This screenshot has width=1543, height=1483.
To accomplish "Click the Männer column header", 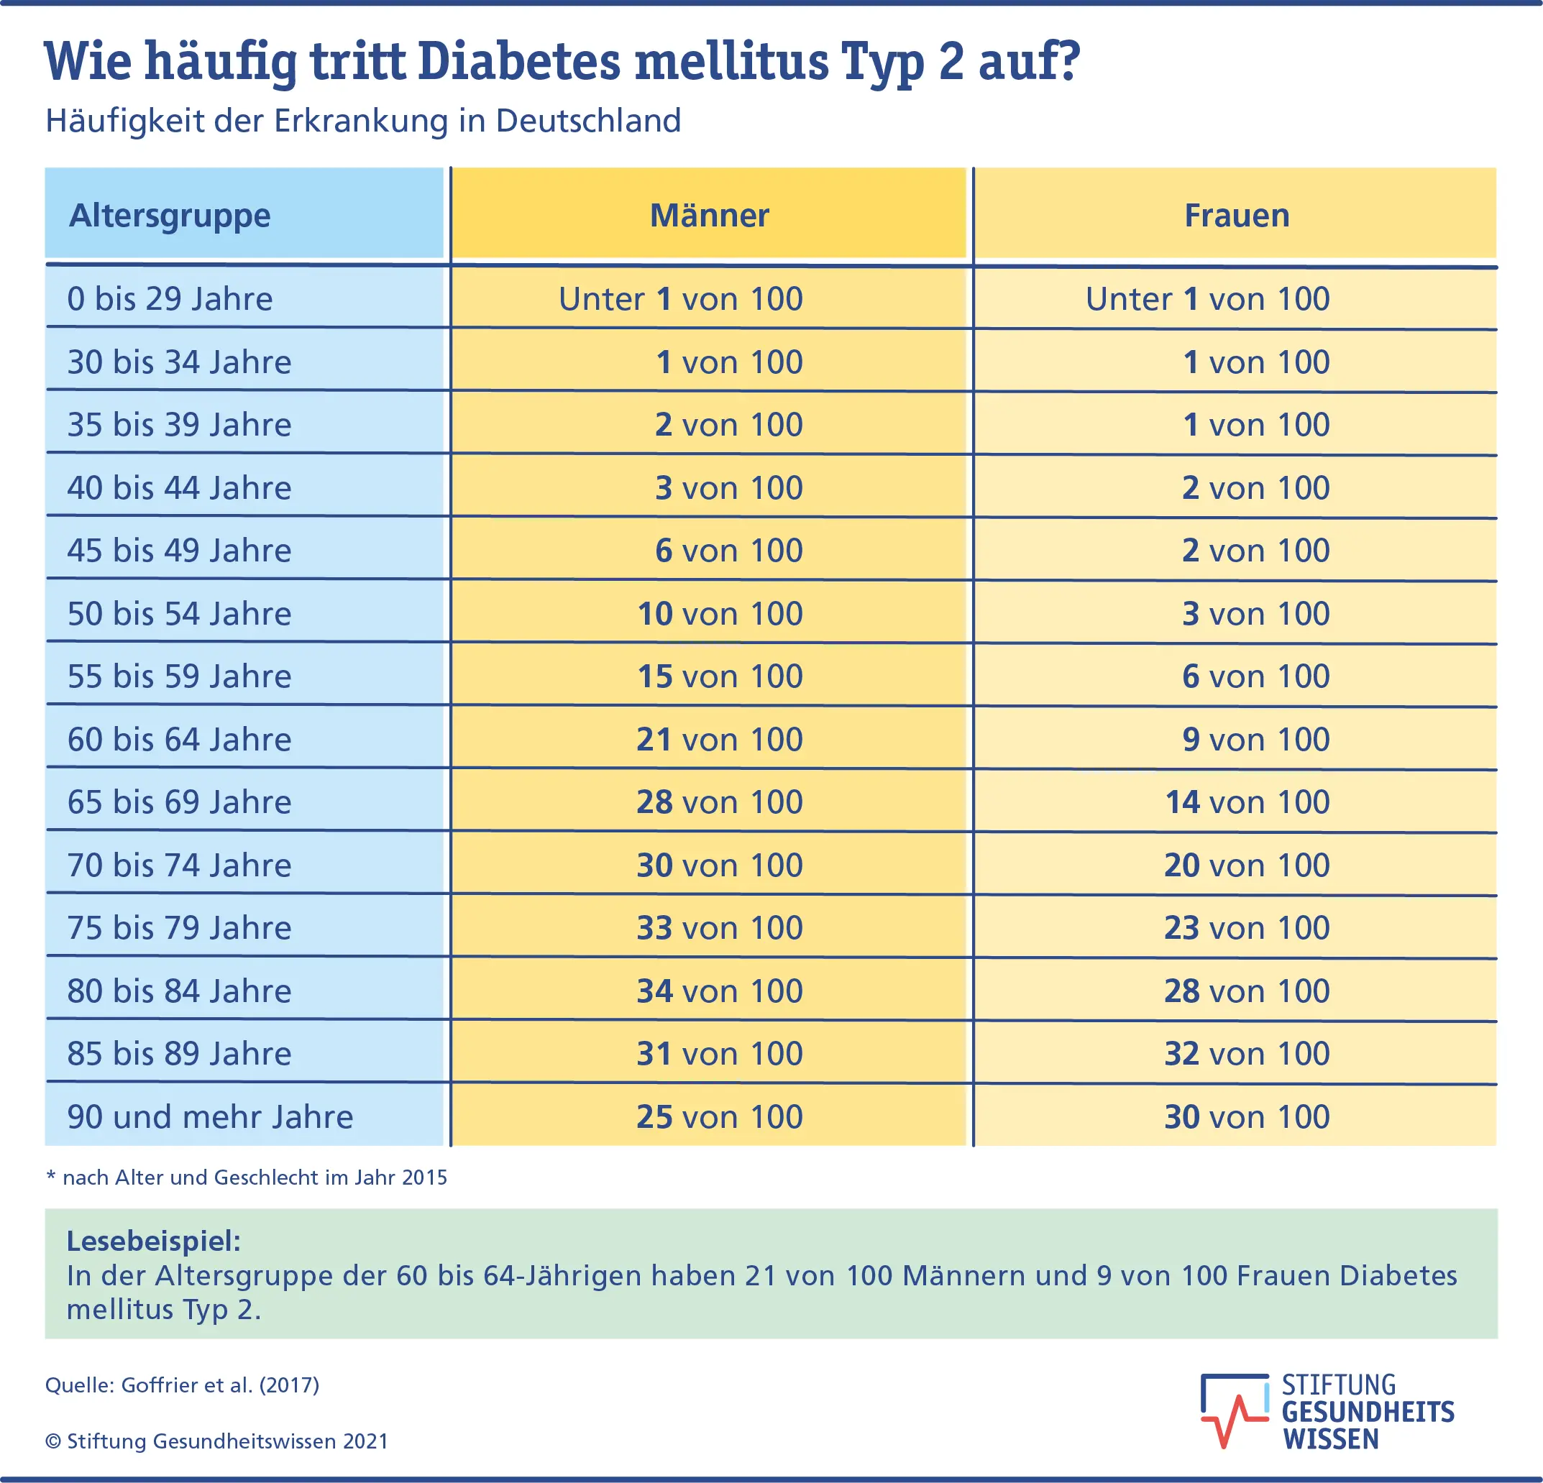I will pos(708,216).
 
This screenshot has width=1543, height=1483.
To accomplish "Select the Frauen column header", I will pos(1236,216).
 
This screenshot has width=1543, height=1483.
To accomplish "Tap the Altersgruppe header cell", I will pos(170,216).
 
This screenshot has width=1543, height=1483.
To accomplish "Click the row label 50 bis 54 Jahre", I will pos(180,614).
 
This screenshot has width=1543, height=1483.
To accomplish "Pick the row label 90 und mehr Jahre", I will pos(210,1117).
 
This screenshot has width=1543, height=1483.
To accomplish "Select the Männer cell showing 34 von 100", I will pos(719,991).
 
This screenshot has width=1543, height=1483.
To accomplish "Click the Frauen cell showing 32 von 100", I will pos(1246,1054).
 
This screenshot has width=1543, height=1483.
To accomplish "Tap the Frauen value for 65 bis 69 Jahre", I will pos(1246,802).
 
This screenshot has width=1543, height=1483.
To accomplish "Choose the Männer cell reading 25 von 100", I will pos(719,1117).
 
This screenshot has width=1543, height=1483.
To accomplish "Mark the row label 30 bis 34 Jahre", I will pos(180,362).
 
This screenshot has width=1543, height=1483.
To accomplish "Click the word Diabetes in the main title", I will pos(520,61).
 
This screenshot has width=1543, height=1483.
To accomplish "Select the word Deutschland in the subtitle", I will pos(588,121).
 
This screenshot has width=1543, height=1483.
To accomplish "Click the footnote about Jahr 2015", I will pos(247,1177).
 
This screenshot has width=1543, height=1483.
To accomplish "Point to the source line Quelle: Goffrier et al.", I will pos(182,1385).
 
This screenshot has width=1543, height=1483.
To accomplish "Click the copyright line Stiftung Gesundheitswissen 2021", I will pos(216,1441).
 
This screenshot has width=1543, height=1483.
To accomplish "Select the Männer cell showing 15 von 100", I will pos(719,677).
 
